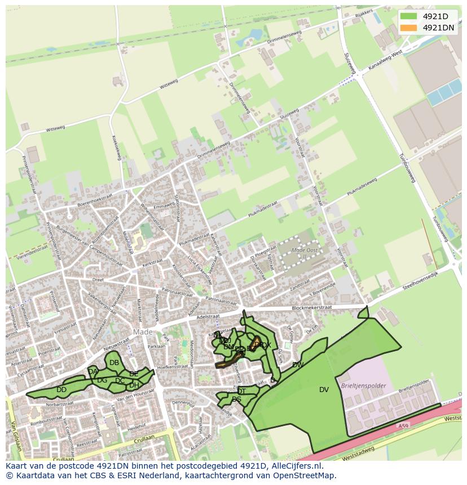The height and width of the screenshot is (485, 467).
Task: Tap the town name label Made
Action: coord(143,332)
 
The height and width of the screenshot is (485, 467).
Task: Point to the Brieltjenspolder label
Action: coord(364,386)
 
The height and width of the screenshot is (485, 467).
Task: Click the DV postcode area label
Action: coord(324,389)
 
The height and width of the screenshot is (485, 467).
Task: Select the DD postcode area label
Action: coord(61,390)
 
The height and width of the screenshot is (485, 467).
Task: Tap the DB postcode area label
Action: coord(114,362)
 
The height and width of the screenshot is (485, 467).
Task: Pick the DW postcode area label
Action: coord(298,365)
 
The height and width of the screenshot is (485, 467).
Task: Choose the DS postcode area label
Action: coord(236,399)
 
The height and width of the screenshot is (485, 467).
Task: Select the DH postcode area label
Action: coord(134,385)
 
